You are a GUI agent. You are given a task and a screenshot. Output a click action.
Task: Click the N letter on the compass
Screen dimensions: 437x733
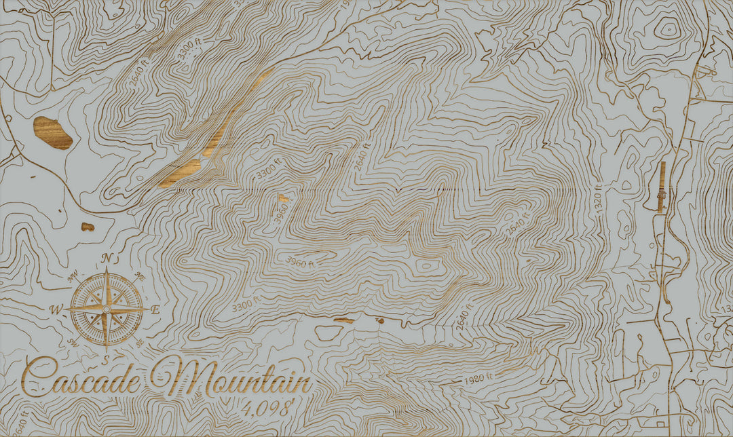[x=107, y=258]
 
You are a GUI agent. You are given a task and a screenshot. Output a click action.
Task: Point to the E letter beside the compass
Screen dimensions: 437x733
[x=155, y=309]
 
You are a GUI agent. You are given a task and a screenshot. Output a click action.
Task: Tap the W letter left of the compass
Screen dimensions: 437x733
[x=54, y=310]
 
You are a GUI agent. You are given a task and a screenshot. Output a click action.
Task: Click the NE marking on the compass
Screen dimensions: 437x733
[x=140, y=275]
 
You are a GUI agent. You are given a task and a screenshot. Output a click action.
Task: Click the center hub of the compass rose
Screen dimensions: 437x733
[x=107, y=309]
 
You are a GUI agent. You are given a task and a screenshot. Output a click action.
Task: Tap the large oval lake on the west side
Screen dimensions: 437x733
[x=53, y=132]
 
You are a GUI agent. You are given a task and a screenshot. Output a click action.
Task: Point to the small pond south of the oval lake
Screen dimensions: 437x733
[x=88, y=227]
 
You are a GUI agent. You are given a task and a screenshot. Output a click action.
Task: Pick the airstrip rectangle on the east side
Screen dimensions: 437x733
[x=662, y=187]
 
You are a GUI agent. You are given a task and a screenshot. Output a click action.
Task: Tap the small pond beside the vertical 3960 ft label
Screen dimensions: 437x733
[x=282, y=198]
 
